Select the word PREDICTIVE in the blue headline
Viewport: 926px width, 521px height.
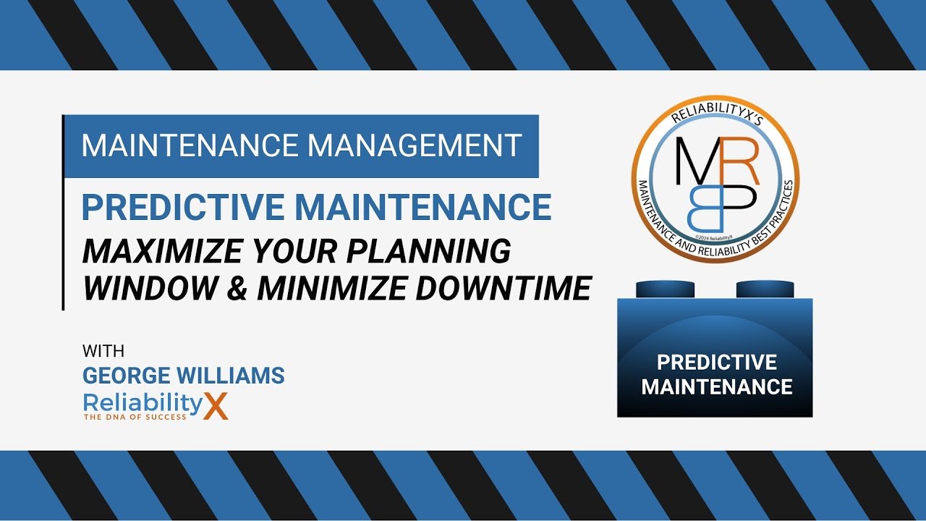click(x=182, y=207)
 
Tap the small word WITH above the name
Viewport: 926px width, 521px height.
click(x=103, y=352)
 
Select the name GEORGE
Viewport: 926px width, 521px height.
click(x=127, y=376)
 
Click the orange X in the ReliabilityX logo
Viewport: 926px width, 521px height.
click(x=215, y=406)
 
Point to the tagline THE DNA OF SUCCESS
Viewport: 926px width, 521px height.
click(x=135, y=418)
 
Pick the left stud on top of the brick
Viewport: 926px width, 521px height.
click(x=665, y=289)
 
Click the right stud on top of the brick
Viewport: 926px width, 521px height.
click(x=765, y=289)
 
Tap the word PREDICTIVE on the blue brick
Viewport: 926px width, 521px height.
click(x=716, y=362)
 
